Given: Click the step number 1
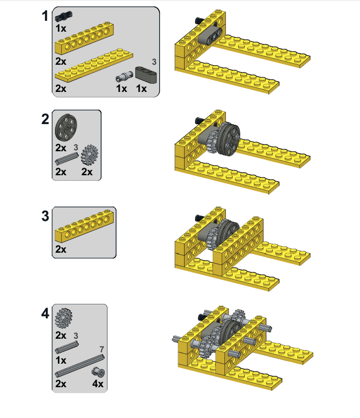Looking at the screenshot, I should tap(44, 16).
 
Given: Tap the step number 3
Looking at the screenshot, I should tap(45, 216).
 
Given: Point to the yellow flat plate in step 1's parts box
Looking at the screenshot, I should tap(94, 63).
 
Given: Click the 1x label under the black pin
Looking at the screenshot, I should tap(61, 28).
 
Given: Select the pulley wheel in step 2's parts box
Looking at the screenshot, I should tap(66, 129).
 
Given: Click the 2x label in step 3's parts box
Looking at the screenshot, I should tap(61, 250).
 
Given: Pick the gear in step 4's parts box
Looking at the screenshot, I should tap(66, 318).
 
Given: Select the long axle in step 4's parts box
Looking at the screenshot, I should tap(79, 366).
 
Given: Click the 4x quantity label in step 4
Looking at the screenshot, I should tap(97, 384).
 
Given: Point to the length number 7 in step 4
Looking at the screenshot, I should tap(102, 350).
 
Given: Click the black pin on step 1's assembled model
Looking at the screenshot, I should tap(199, 20).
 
